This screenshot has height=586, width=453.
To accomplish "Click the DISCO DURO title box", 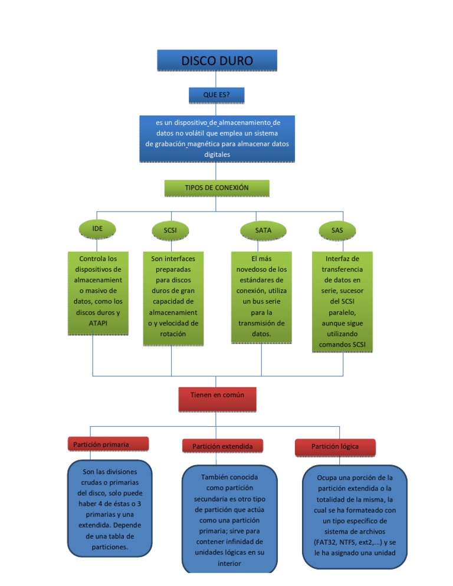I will pyautogui.click(x=216, y=61).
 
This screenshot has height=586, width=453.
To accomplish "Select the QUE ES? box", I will pyautogui.click(x=216, y=94).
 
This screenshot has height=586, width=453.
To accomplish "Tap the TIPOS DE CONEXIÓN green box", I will pyautogui.click(x=216, y=187).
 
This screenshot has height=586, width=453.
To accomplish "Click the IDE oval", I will pyautogui.click(x=97, y=228).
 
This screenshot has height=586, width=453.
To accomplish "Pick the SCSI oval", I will pyautogui.click(x=170, y=230).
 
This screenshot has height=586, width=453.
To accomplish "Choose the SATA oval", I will pyautogui.click(x=263, y=230).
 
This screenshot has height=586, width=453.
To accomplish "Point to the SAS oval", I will pyautogui.click(x=337, y=230).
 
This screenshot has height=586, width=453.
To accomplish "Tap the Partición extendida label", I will pyautogui.click(x=222, y=446).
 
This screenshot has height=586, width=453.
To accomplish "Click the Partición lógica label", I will pyautogui.click(x=334, y=446).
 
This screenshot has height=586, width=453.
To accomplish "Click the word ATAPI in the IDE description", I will pyautogui.click(x=98, y=324).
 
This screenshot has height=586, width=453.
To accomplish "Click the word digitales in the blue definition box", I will pyautogui.click(x=216, y=154).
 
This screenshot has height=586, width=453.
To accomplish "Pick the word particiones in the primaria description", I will pyautogui.click(x=110, y=547).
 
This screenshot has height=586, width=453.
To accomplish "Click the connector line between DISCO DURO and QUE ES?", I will pyautogui.click(x=216, y=79).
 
